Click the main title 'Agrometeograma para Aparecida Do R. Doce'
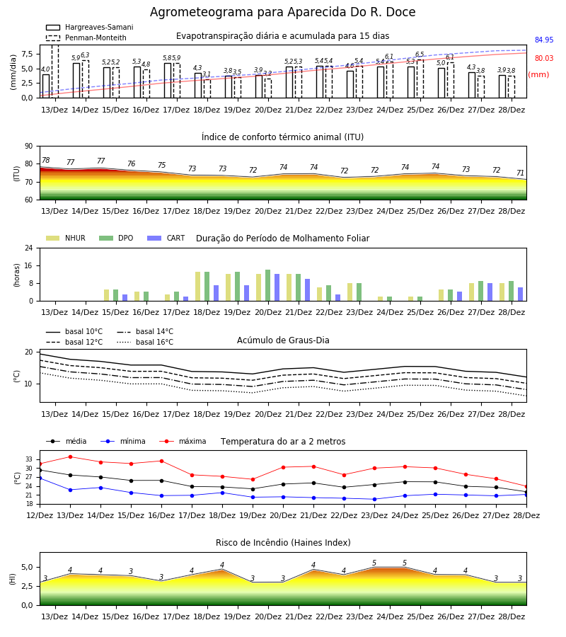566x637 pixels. point(282,12)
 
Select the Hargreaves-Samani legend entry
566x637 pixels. point(90,27)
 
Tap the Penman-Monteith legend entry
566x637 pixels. point(86,38)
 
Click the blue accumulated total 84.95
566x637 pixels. point(544,40)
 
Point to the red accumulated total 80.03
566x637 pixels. point(544,58)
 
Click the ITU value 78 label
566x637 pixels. point(46,160)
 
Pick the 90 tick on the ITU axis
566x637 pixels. point(29,147)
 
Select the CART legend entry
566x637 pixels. point(166,238)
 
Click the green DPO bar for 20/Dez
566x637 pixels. point(268,285)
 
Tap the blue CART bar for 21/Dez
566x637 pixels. point(307,290)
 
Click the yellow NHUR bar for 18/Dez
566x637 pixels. point(197,287)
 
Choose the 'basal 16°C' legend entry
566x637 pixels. point(145,342)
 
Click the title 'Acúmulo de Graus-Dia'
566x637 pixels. point(283,340)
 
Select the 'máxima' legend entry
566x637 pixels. point(183,441)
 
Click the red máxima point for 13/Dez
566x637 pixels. point(70,457)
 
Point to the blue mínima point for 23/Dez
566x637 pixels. point(374,499)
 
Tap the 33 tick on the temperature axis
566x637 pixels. point(29,459)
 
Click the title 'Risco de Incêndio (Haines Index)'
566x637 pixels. point(283,543)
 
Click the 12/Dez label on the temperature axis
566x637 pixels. point(40,515)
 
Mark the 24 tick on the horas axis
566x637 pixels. point(29,248)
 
